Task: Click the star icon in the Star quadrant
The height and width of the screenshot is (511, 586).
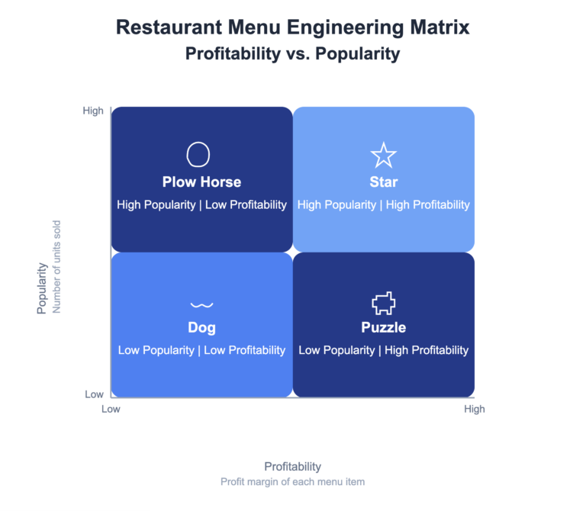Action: (x=383, y=155)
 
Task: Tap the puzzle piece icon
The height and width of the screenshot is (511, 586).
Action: (x=383, y=304)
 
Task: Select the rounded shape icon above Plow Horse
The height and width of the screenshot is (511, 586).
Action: (x=198, y=154)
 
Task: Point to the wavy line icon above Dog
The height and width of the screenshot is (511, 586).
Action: (x=201, y=305)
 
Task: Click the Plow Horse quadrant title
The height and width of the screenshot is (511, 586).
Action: (x=201, y=182)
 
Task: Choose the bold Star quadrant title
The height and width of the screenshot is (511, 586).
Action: (x=383, y=182)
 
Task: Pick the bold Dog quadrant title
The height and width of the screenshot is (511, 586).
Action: (x=201, y=328)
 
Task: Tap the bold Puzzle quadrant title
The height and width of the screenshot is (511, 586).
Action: (x=383, y=328)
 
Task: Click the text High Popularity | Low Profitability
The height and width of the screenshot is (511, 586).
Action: (x=201, y=204)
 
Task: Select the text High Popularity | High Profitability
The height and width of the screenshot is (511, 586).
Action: (x=383, y=204)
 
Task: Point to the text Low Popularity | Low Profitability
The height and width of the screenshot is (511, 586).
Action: (x=201, y=350)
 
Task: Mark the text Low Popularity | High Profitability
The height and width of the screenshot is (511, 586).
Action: (x=383, y=350)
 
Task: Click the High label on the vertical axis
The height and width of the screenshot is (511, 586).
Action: (x=93, y=111)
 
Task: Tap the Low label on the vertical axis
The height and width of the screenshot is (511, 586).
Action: (x=94, y=394)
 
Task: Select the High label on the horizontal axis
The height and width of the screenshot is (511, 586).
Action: (x=474, y=409)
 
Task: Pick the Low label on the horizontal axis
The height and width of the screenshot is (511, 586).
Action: (x=111, y=409)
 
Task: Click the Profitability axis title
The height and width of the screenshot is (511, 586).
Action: (x=292, y=466)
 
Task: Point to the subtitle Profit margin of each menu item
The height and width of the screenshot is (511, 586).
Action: (x=292, y=482)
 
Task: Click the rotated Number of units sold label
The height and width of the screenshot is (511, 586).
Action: (x=56, y=267)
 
